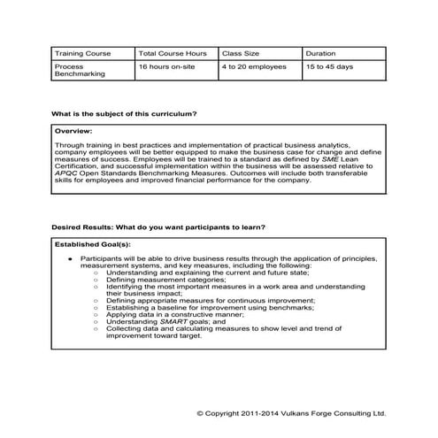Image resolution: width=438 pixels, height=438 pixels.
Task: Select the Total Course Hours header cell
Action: click(173, 53)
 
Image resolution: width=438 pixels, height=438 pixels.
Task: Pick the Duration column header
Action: click(320, 53)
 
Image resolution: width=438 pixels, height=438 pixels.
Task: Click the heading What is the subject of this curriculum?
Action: click(124, 114)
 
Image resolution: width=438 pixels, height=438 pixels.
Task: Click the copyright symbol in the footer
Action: click(200, 412)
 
